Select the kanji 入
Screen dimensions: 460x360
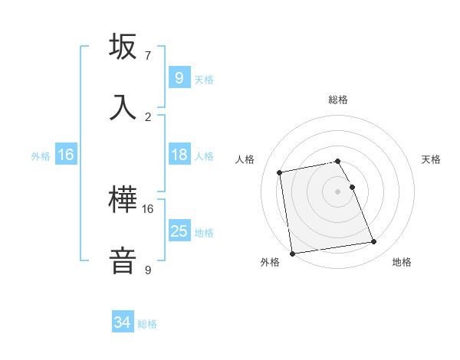point(123,106)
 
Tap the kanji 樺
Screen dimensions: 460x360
point(123,200)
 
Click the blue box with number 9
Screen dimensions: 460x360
point(179,78)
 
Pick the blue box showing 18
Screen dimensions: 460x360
point(179,155)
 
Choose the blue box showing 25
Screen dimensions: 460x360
point(179,231)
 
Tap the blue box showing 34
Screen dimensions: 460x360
point(123,322)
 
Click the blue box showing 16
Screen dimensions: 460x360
point(66,155)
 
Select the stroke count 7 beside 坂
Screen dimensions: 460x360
point(147,56)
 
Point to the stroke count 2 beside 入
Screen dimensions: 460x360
point(147,116)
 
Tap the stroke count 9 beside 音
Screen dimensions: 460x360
point(147,270)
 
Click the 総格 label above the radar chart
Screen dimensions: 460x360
point(338,100)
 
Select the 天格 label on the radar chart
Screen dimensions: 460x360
point(431,159)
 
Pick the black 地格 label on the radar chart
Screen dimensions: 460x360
point(402,263)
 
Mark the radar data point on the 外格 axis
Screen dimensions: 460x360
point(292,254)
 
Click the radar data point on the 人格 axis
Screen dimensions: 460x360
point(280,172)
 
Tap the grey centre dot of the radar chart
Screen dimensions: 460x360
point(338,191)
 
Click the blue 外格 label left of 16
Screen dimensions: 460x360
point(41,155)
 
